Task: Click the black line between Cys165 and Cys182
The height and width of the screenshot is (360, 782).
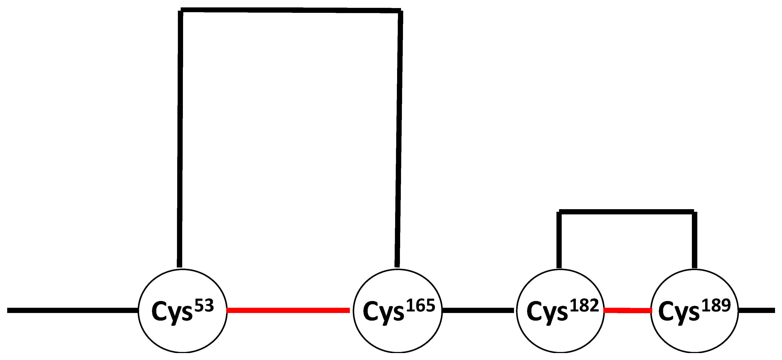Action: [478, 310]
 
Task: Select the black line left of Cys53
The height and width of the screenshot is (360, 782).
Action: [73, 310]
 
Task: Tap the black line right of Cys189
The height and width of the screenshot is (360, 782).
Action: [757, 310]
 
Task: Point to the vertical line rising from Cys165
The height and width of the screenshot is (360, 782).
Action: [399, 140]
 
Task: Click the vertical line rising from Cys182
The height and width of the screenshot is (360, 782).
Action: [559, 240]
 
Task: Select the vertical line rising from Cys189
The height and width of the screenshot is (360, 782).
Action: [694, 240]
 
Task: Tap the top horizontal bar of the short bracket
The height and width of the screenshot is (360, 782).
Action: [627, 212]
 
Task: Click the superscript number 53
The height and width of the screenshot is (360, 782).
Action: [204, 306]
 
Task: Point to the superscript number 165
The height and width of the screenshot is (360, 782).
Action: [420, 306]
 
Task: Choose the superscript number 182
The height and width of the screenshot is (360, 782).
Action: [584, 306]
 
